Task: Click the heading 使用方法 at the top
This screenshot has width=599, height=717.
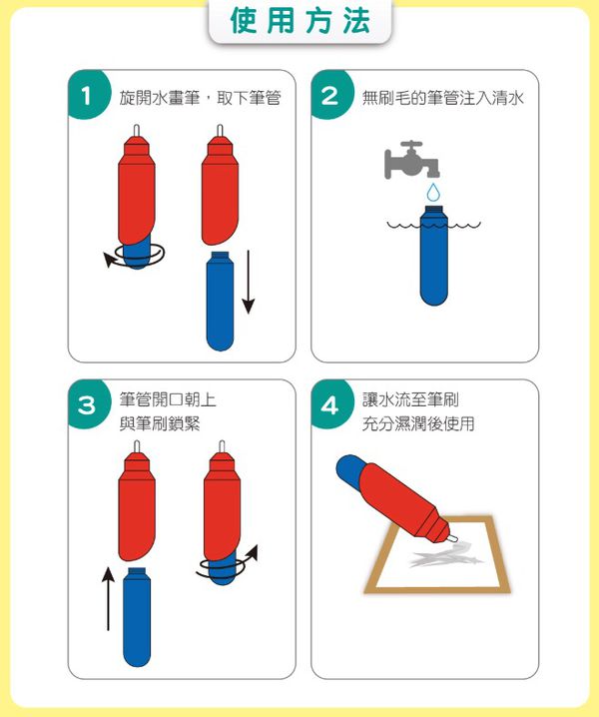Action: (299, 21)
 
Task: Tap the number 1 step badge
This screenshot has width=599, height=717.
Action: (87, 95)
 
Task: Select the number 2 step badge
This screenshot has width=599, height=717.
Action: (330, 95)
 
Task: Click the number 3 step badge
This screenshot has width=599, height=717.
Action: (87, 404)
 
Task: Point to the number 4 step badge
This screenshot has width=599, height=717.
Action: (330, 404)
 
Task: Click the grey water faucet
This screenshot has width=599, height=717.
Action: (412, 160)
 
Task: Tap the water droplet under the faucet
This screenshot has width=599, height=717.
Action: (434, 192)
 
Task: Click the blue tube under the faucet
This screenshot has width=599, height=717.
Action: (433, 256)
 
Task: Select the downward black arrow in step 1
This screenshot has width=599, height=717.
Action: (249, 282)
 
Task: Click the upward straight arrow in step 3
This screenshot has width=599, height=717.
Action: (108, 599)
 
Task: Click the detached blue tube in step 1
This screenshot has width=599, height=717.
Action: (220, 302)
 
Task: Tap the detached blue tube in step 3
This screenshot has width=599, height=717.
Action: (137, 617)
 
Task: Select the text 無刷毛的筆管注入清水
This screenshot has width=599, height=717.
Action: (442, 98)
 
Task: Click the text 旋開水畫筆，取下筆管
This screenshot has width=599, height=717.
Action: (200, 98)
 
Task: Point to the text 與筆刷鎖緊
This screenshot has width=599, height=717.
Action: (160, 423)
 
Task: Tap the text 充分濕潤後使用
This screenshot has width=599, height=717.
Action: (418, 423)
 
